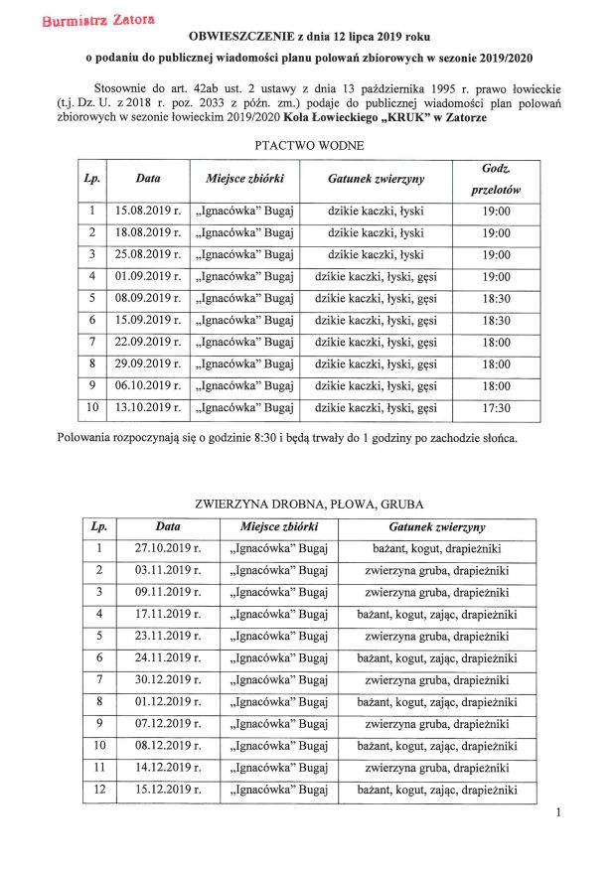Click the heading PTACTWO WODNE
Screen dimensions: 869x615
[309, 146]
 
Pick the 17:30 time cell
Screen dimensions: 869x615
[496, 407]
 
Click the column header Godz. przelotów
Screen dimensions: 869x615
[496, 179]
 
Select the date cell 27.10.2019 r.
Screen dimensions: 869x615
[166, 548]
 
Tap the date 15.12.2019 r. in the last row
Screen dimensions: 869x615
[166, 791]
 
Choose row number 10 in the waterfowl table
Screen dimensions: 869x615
[91, 407]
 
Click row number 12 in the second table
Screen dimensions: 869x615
[98, 791]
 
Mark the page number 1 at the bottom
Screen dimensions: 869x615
[559, 815]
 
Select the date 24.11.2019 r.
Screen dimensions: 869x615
[166, 658]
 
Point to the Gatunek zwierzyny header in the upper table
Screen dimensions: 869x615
[377, 179]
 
